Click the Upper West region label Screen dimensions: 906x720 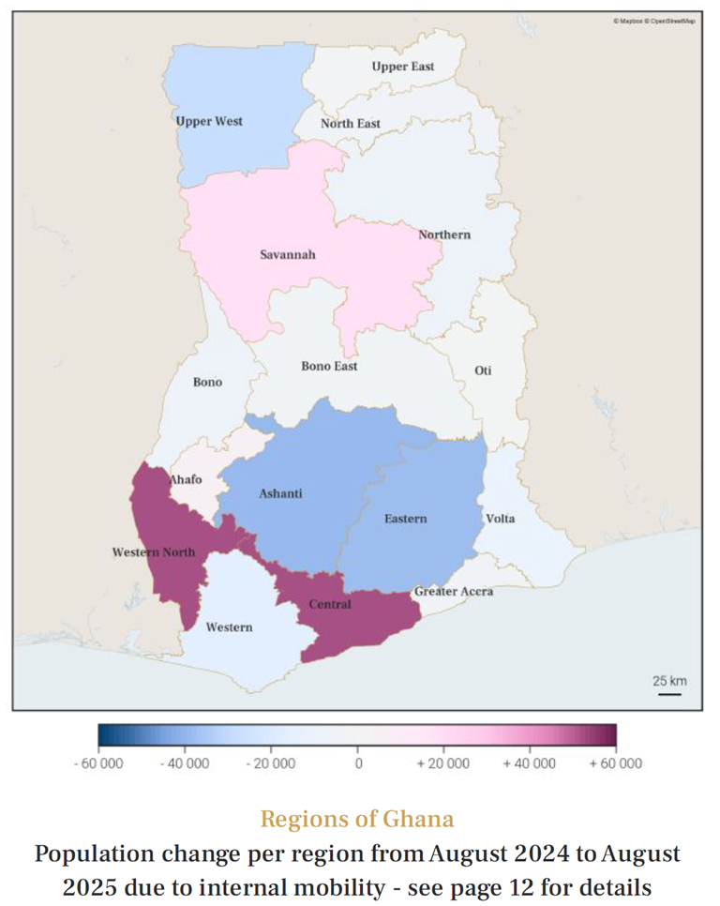pos(209,121)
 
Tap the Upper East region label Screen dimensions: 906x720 pos(402,67)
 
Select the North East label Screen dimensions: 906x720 pos(351,124)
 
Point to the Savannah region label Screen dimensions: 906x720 pos(287,254)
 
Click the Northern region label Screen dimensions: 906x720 pos(444,234)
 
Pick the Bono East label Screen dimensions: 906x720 pos(329,366)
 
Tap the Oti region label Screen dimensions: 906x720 pos(483,370)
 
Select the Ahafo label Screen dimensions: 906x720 pos(185,479)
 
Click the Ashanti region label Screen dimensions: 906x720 pos(280,493)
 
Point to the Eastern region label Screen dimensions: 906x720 pos(405,519)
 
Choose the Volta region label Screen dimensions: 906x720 pos(500,519)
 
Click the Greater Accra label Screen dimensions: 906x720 pos(453,592)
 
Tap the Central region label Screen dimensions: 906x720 pos(330,604)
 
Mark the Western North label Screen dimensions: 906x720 pos(154,551)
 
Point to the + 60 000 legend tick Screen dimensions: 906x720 pos(615,763)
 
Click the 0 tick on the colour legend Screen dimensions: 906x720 pos(357,763)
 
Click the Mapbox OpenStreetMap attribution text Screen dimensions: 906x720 pos(654,20)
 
